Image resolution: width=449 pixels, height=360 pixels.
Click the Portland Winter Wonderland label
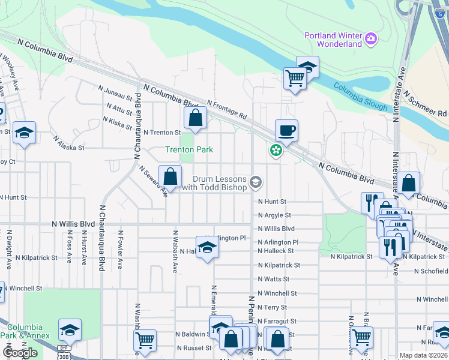tap(333, 39)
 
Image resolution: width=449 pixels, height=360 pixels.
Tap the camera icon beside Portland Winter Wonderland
tap(372, 39)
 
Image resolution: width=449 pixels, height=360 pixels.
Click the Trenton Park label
tap(190, 149)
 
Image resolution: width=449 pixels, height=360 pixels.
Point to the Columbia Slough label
tap(360, 96)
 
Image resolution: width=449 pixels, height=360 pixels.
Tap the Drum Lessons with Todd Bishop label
tap(220, 184)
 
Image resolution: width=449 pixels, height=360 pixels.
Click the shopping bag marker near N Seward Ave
tap(170, 177)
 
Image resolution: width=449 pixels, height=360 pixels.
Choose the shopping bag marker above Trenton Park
tap(195, 118)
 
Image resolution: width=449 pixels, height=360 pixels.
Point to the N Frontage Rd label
tap(227, 109)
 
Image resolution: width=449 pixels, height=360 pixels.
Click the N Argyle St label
tap(274, 215)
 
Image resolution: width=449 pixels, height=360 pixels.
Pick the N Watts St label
tap(273, 279)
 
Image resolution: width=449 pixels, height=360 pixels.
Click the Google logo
tap(20, 353)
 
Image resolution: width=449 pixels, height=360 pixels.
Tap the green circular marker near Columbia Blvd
tap(276, 151)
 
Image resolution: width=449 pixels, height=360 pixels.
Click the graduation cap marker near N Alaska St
tap(24, 133)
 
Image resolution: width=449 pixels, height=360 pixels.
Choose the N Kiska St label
tap(117, 120)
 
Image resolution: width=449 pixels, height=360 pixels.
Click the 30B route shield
tap(64, 356)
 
